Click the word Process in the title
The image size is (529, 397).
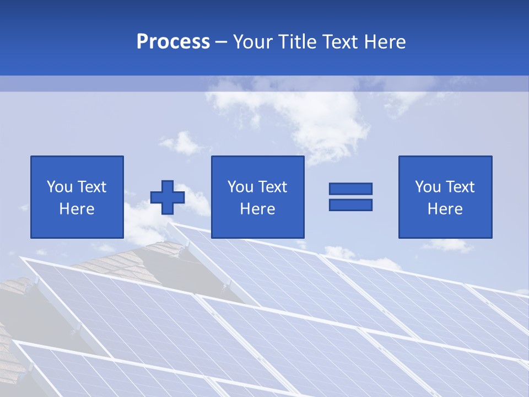(x=173, y=42)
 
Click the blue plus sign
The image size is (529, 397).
(x=168, y=197)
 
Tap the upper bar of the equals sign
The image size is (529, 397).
(x=350, y=189)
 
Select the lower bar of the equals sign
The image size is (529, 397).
(x=350, y=205)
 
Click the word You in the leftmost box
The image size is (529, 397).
(x=59, y=187)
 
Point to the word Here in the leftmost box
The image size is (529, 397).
(x=77, y=209)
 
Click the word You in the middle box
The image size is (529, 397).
(x=240, y=187)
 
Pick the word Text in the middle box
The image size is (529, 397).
(x=272, y=187)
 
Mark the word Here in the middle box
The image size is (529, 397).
(x=257, y=209)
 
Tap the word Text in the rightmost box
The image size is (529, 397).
(x=459, y=187)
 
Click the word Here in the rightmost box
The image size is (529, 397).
(x=445, y=209)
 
